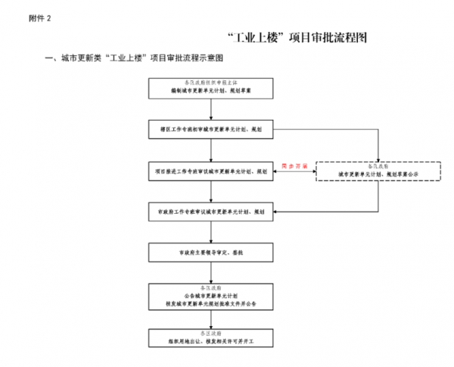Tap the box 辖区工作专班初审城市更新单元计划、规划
[210, 130]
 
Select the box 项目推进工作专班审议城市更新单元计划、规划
[210, 172]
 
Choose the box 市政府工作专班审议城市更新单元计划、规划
[210, 212]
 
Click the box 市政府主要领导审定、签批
[210, 252]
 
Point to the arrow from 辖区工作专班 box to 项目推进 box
[210, 151]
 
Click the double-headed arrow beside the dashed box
[294, 173]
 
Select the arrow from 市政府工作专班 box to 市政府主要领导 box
[210, 232]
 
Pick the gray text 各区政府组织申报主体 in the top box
[210, 81]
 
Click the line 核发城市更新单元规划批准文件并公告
[210, 303]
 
